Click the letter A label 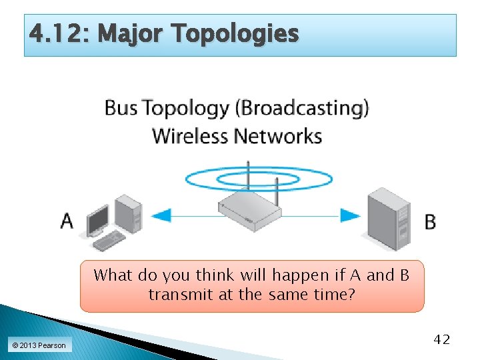[x=67, y=220]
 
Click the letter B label [x=430, y=221]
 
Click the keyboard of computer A [x=109, y=239]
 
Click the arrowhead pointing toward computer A [x=161, y=215]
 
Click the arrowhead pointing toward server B [x=351, y=215]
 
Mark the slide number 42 [x=441, y=340]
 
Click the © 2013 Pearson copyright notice [x=39, y=345]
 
